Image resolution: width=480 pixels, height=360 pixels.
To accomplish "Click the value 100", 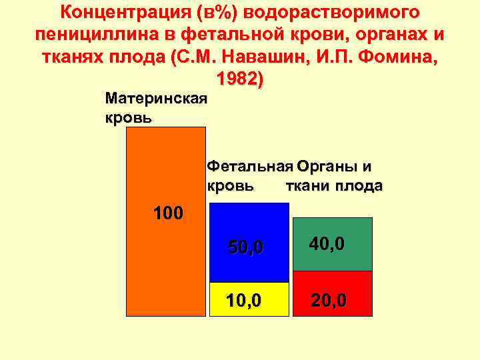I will pyautogui.click(x=168, y=213).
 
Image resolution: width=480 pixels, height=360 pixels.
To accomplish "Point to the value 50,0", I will pyautogui.click(x=246, y=248).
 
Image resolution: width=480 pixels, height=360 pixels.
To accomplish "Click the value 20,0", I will pyautogui.click(x=329, y=301).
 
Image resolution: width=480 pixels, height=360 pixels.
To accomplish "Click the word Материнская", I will pyautogui.click(x=156, y=99).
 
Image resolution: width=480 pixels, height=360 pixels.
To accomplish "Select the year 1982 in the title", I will pyautogui.click(x=240, y=79).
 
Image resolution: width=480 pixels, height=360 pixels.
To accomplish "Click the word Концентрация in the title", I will pyautogui.click(x=125, y=12).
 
